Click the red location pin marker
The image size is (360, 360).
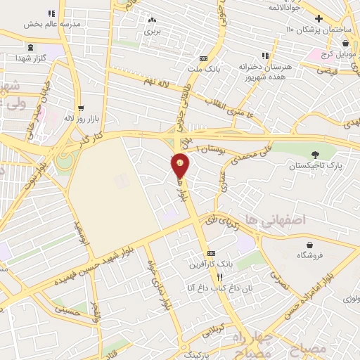click(x=181, y=166)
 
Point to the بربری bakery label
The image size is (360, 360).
click(x=153, y=31)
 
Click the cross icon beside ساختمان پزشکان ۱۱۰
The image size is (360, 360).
click(x=319, y=18)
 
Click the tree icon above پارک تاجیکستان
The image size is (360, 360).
click(x=314, y=155)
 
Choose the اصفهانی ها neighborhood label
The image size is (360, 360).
click(x=273, y=220)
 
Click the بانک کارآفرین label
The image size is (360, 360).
click(x=210, y=264)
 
